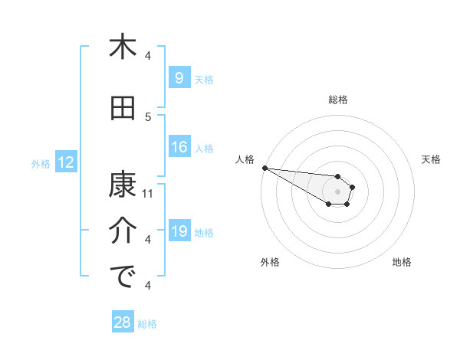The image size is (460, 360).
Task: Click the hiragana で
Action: pyautogui.click(x=122, y=277)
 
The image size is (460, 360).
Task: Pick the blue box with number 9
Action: pyautogui.click(x=179, y=78)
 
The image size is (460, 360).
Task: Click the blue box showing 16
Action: pyautogui.click(x=179, y=148)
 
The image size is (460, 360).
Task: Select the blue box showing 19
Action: pyautogui.click(x=179, y=232)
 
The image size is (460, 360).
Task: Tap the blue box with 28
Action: pyautogui.click(x=123, y=322)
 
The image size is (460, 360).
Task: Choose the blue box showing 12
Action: pyautogui.click(x=65, y=162)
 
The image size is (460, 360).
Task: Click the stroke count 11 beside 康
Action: pyautogui.click(x=148, y=194)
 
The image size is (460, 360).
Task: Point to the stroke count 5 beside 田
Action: pyautogui.click(x=148, y=117)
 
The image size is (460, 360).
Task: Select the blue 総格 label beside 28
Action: pyautogui.click(x=147, y=323)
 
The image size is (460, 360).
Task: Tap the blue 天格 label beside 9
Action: pyautogui.click(x=203, y=79)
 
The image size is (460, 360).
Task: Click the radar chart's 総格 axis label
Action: pyautogui.click(x=337, y=100)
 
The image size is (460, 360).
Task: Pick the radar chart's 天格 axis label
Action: pyautogui.click(x=431, y=159)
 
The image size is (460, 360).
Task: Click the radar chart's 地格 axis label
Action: pyautogui.click(x=402, y=262)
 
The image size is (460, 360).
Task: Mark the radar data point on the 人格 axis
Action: pyautogui.click(x=264, y=168)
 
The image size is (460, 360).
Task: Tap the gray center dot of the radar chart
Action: pyautogui.click(x=337, y=191)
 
